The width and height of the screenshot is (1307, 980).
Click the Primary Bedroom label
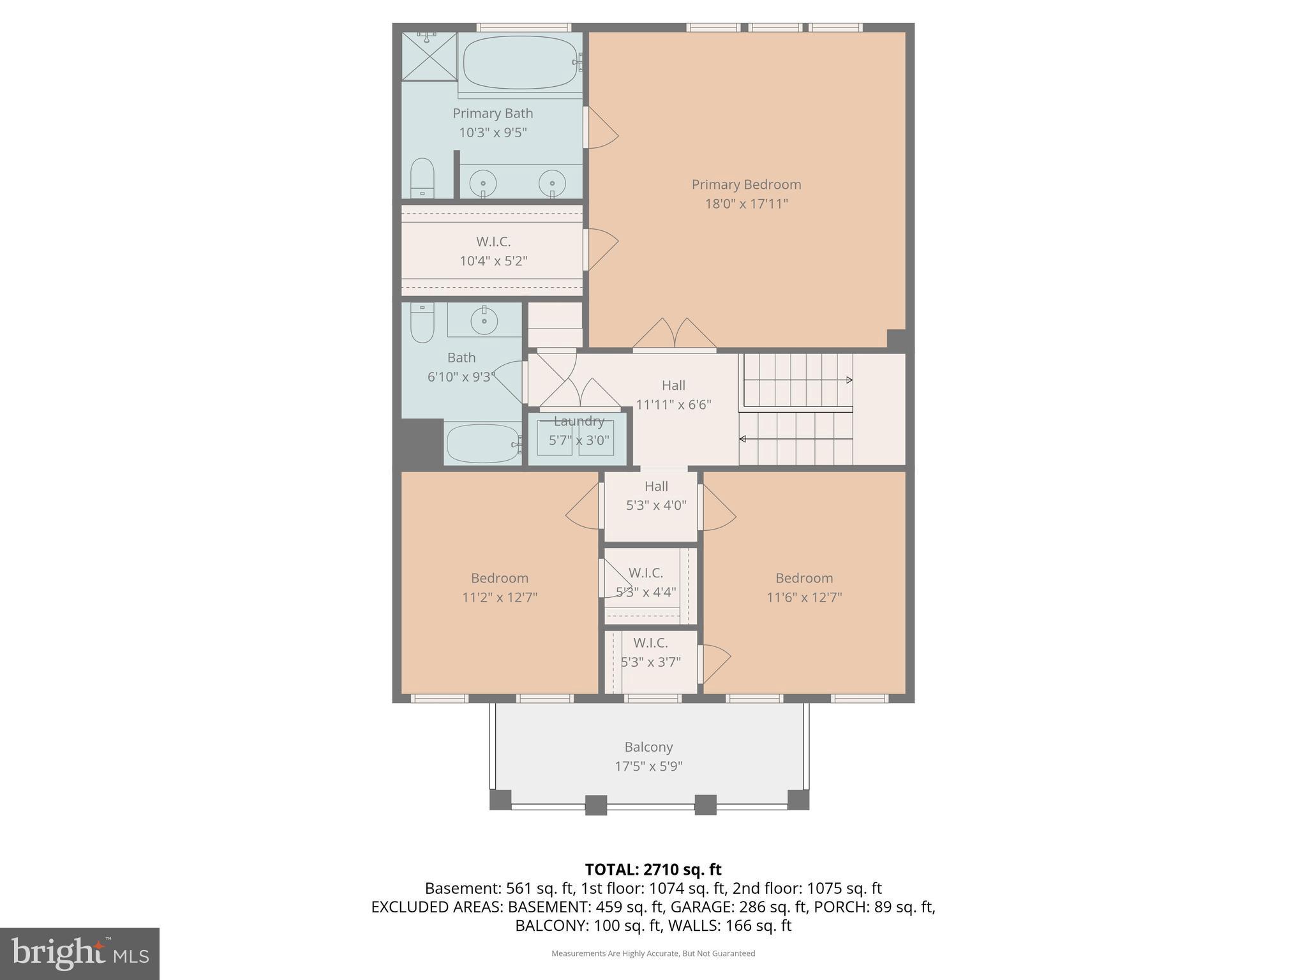click(746, 184)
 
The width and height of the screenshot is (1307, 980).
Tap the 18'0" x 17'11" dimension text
click(746, 204)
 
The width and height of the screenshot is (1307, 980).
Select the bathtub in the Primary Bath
click(521, 63)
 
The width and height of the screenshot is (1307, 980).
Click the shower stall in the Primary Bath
click(429, 56)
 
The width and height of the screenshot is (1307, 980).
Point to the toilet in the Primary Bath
click(422, 178)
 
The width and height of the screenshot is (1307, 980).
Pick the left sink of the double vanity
click(483, 184)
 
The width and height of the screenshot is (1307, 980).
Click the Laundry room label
click(579, 421)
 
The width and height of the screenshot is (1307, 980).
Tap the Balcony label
click(648, 747)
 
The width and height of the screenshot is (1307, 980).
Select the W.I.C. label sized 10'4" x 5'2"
click(493, 242)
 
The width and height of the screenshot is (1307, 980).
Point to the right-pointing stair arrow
click(849, 380)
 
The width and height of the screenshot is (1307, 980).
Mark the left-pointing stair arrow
click(743, 439)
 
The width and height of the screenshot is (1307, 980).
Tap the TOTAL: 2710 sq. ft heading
click(653, 870)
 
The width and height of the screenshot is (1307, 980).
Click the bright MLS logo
click(80, 953)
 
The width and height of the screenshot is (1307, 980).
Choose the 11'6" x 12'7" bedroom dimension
click(804, 598)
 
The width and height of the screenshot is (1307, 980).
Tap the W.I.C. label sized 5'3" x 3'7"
click(650, 643)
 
